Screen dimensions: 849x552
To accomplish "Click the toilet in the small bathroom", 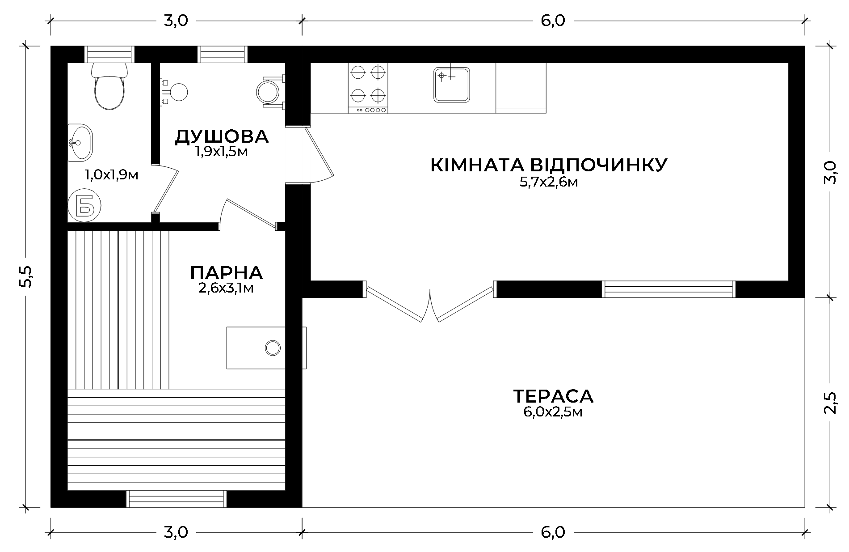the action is [109, 87].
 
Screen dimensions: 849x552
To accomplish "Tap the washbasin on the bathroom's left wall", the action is [80, 143].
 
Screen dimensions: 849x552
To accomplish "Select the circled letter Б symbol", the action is [84, 205].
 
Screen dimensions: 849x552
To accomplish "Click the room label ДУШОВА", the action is [222, 136].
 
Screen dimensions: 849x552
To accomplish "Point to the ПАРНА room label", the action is [227, 272].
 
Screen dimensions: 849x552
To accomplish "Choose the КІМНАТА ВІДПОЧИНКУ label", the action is [549, 165].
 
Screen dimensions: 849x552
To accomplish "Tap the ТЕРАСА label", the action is [553, 396].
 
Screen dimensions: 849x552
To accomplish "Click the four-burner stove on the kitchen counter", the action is [368, 88].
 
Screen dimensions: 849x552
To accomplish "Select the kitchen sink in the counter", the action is [451, 85].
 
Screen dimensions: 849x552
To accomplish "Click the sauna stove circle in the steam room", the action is [273, 347].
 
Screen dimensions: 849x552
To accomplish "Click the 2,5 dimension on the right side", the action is [829, 403].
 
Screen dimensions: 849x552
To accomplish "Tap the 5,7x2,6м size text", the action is [549, 182].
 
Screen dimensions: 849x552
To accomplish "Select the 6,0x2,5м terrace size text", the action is [553, 412].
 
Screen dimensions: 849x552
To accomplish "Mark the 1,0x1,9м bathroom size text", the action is [112, 175].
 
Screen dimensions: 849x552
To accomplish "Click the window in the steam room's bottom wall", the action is [177, 499].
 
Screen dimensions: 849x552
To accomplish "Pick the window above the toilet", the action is [109, 54].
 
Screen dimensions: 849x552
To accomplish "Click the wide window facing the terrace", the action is [668, 289].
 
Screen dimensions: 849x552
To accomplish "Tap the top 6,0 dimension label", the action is [553, 21].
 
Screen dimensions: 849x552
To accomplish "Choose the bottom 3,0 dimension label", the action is [176, 532].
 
